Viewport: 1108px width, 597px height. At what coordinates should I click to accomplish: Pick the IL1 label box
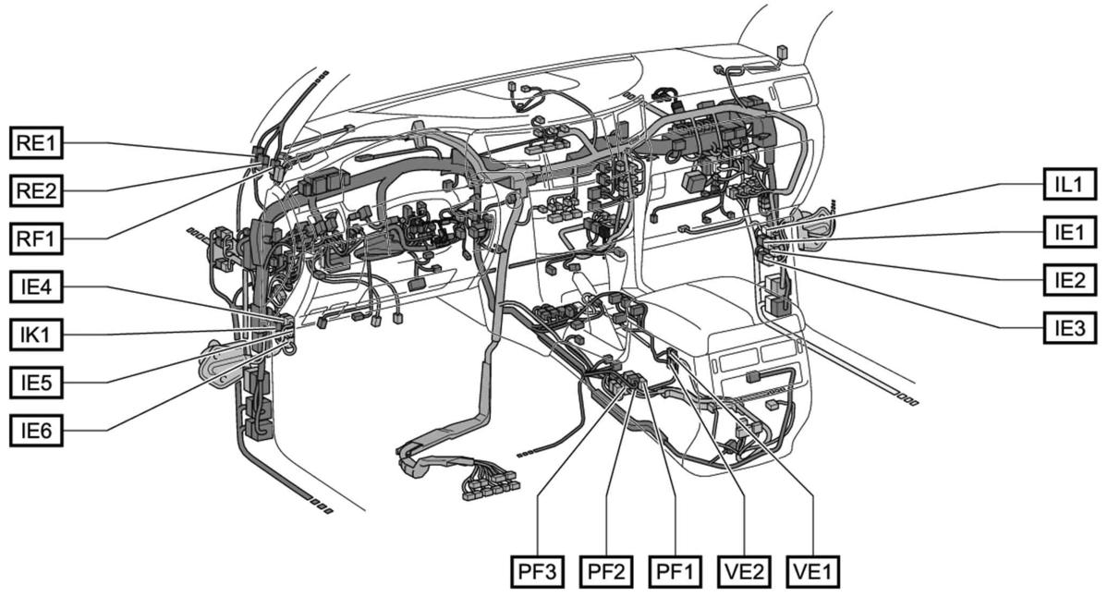tap(1069, 183)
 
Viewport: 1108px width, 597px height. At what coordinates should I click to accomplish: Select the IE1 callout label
tap(1069, 231)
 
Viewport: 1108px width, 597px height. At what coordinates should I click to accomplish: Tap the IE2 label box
tap(1069, 278)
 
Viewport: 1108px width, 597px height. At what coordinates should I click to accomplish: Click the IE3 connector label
tap(1069, 326)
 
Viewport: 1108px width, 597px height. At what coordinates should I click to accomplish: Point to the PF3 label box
tap(537, 571)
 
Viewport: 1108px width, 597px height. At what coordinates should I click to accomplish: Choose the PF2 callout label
tap(606, 571)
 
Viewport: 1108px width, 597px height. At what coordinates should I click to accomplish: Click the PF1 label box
tap(676, 571)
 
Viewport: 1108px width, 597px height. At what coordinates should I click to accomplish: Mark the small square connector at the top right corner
tap(782, 52)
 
